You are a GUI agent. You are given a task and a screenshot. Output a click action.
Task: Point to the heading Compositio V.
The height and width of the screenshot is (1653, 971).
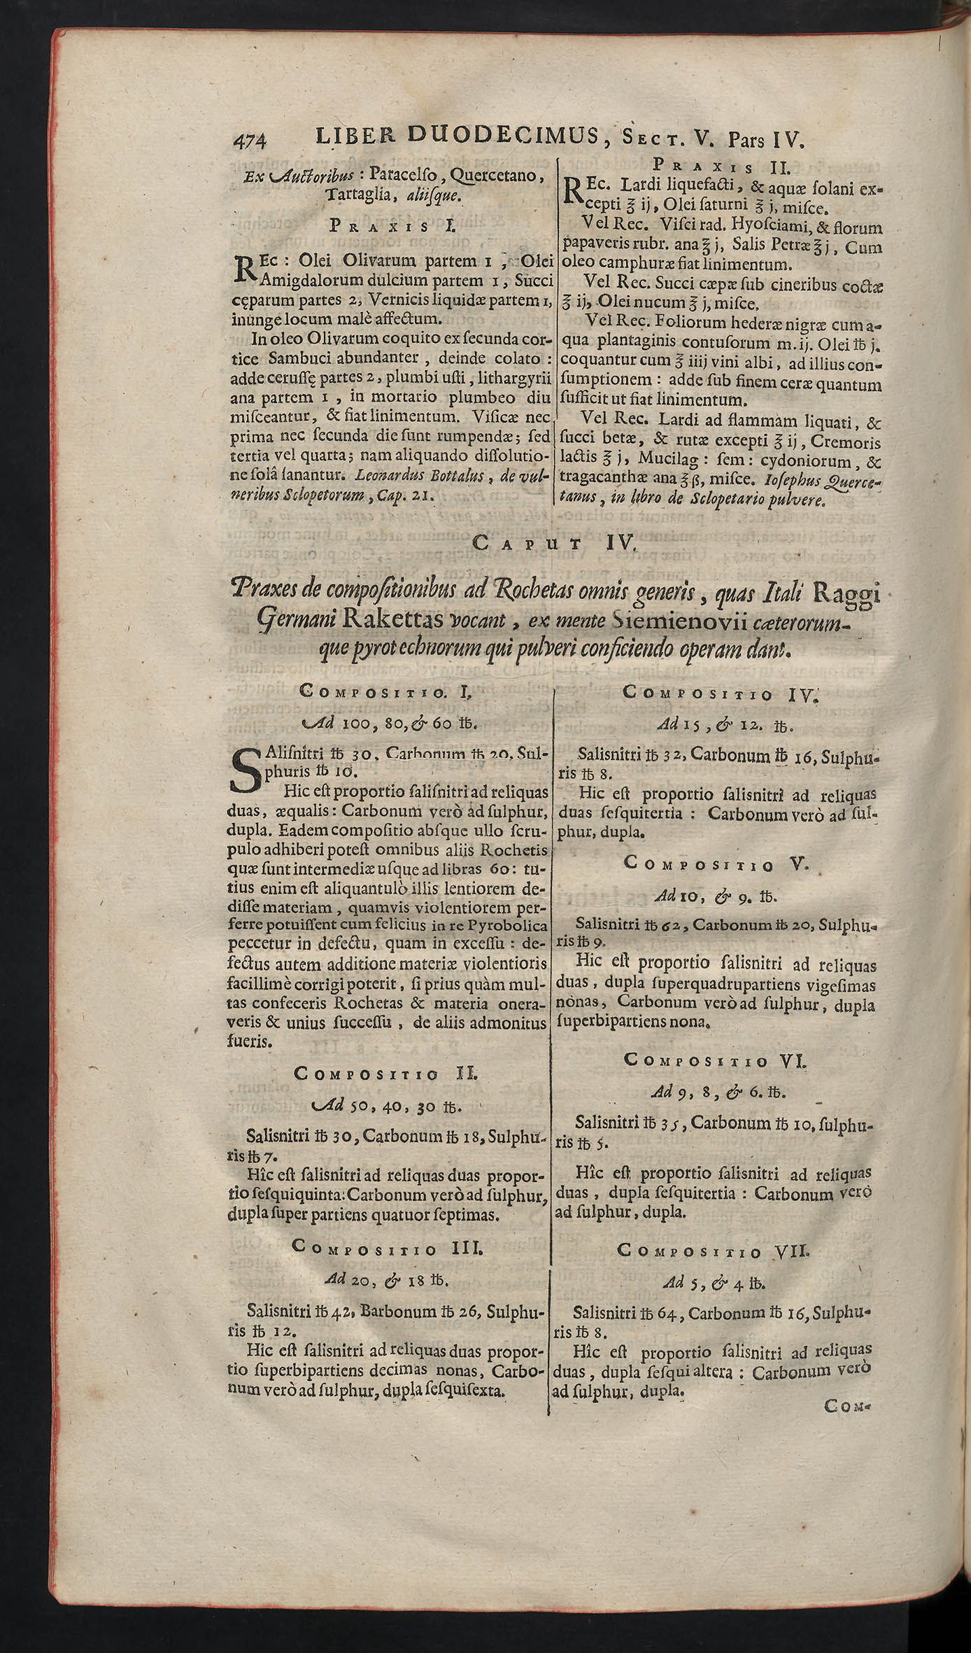coord(715,864)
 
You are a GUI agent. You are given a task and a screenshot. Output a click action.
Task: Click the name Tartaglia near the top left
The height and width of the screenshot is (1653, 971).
coord(357,196)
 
